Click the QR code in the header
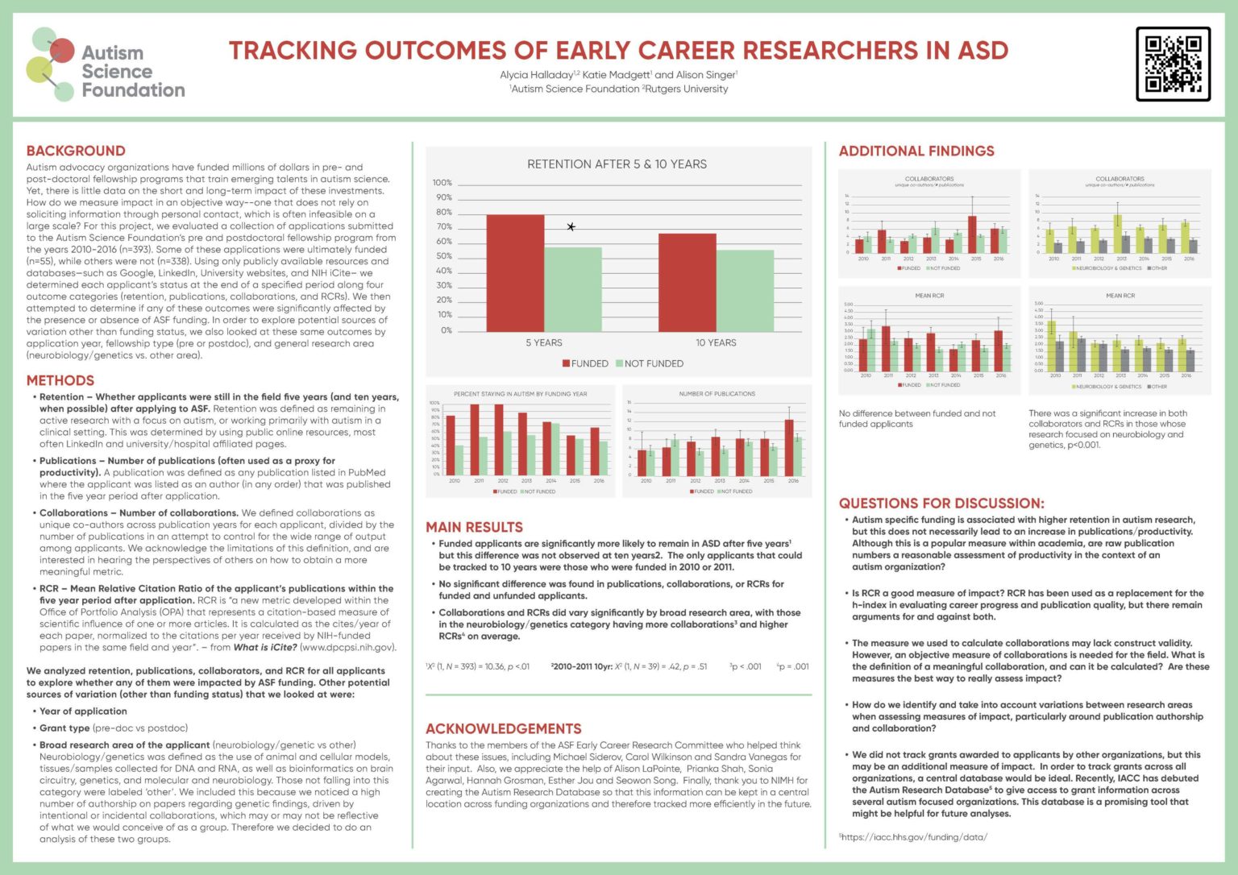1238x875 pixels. [1173, 64]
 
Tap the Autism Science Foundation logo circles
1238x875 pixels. [50, 64]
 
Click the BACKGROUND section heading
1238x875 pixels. [76, 151]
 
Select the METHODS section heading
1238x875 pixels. [60, 380]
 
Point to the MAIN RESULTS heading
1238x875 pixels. [474, 527]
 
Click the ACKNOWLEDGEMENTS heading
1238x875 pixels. [503, 728]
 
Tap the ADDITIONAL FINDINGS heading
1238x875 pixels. [916, 151]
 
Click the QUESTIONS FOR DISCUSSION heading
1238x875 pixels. [941, 503]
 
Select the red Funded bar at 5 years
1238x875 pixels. [515, 273]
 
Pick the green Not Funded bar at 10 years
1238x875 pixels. [745, 291]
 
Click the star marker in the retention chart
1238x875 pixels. [571, 227]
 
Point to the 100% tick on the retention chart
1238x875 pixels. [442, 183]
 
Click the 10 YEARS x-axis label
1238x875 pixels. [716, 342]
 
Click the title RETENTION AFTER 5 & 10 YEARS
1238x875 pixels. [617, 164]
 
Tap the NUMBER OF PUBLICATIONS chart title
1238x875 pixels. [717, 394]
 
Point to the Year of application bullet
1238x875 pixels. [83, 711]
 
